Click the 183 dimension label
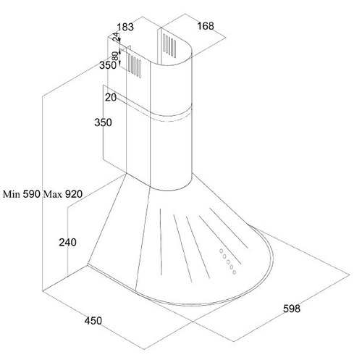tap(125, 27)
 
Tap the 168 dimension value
tap(206, 26)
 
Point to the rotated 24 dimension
tap(117, 36)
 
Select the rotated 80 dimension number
tap(115, 56)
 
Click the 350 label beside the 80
tap(108, 65)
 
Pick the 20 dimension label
tap(111, 97)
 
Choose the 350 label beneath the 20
tap(103, 122)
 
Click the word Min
tap(12, 194)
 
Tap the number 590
tap(31, 194)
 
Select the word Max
tap(53, 194)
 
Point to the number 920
tap(74, 194)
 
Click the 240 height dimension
tap(68, 242)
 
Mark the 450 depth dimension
tap(93, 321)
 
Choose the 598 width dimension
tap(292, 309)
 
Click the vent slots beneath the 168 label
tap(169, 46)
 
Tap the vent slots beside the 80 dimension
tap(135, 66)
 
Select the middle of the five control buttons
tap(228, 262)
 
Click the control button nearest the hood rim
tap(234, 272)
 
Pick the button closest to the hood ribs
tap(221, 251)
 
